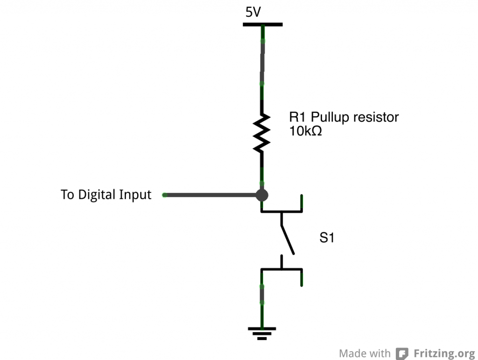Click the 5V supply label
(253, 13)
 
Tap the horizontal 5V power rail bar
(262, 24)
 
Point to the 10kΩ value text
(306, 132)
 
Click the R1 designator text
(298, 117)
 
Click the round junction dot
(262, 195)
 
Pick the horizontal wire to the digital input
(210, 195)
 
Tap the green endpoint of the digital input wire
(164, 195)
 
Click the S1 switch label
(327, 238)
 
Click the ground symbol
(262, 332)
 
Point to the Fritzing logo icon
(402, 353)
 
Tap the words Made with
(365, 353)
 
